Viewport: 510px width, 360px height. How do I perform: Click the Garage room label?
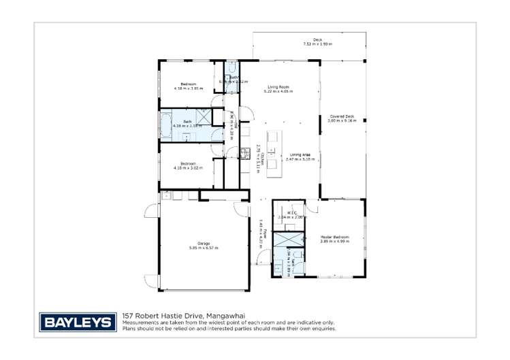pos(204,243)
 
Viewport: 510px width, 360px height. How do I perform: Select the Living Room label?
pos(278,87)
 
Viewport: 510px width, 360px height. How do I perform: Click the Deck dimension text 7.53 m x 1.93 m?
pos(317,44)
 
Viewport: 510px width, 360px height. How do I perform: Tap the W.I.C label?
pos(291,213)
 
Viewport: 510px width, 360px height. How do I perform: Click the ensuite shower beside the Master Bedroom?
pos(288,240)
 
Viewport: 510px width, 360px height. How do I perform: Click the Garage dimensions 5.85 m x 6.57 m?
pos(204,248)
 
